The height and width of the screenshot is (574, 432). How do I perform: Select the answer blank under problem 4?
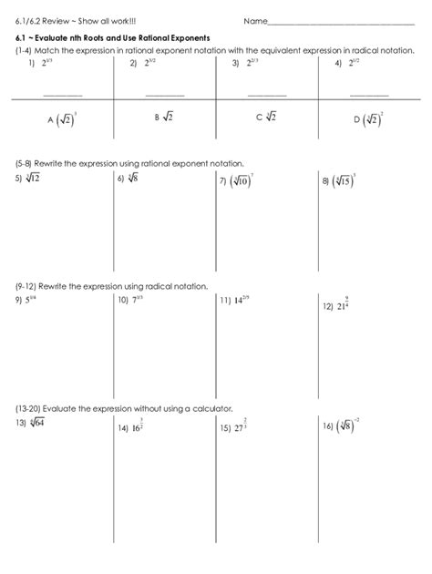tap(369, 94)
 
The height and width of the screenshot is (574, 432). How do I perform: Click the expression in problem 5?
tap(31, 179)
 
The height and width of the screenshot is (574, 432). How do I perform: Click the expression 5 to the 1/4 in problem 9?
tap(30, 299)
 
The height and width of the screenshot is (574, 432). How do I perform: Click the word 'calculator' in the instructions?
tap(211, 408)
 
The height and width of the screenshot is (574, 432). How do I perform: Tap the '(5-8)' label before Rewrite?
tap(23, 163)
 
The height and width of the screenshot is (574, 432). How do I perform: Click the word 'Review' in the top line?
tap(53, 21)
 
